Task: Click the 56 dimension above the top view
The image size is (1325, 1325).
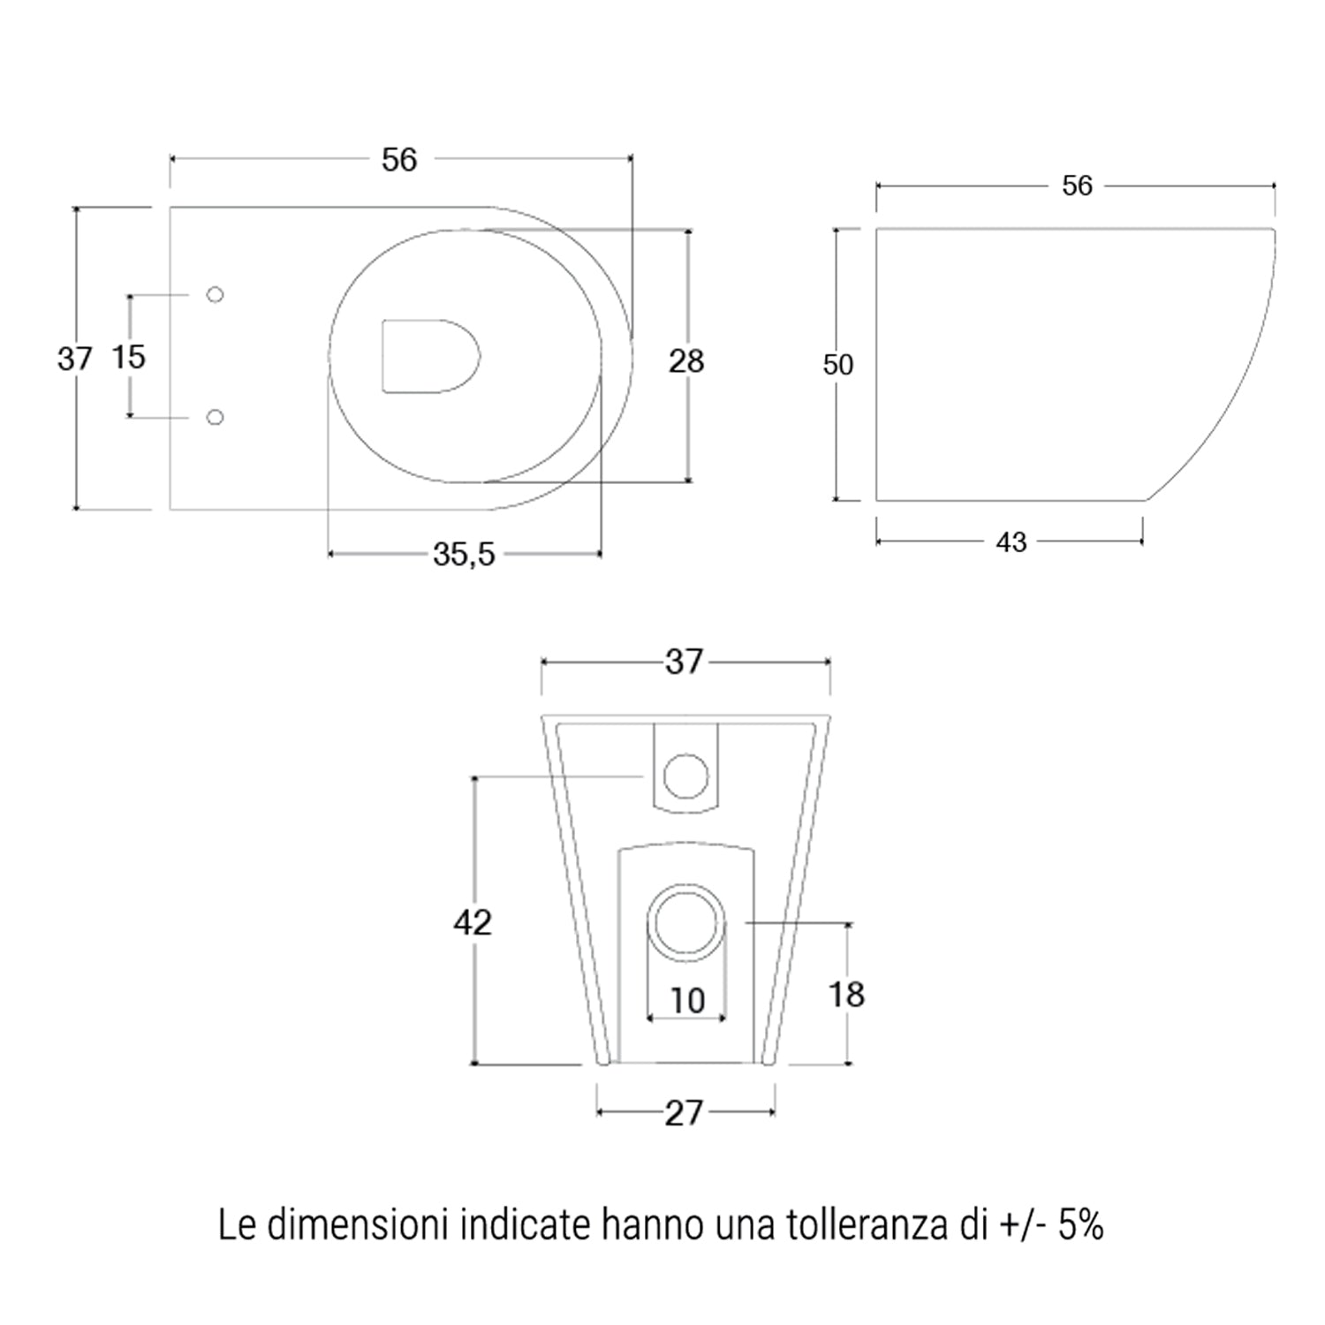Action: pos(399,160)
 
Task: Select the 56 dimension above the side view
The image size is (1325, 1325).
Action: pos(1077,185)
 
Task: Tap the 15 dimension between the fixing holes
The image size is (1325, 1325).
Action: pos(129,357)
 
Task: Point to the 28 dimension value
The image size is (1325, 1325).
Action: pos(686,361)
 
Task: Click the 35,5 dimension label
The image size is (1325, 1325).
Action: pos(464,555)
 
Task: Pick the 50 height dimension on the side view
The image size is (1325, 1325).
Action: pos(837,365)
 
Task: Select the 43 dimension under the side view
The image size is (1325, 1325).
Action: pos(1011,542)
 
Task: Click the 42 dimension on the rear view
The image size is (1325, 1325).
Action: pos(472,922)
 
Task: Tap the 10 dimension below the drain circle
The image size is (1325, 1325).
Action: pos(687,1001)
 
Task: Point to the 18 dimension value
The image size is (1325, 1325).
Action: pos(845,995)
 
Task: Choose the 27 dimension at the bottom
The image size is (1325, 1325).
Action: pos(684,1113)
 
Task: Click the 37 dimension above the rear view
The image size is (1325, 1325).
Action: pos(684,662)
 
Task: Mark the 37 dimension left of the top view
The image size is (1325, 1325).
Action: pos(74,359)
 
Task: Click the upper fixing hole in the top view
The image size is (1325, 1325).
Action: pos(215,294)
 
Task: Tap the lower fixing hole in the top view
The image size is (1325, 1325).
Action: pos(215,417)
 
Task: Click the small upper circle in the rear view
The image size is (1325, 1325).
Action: pos(685,776)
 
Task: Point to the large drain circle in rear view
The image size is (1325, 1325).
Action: pos(687,922)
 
